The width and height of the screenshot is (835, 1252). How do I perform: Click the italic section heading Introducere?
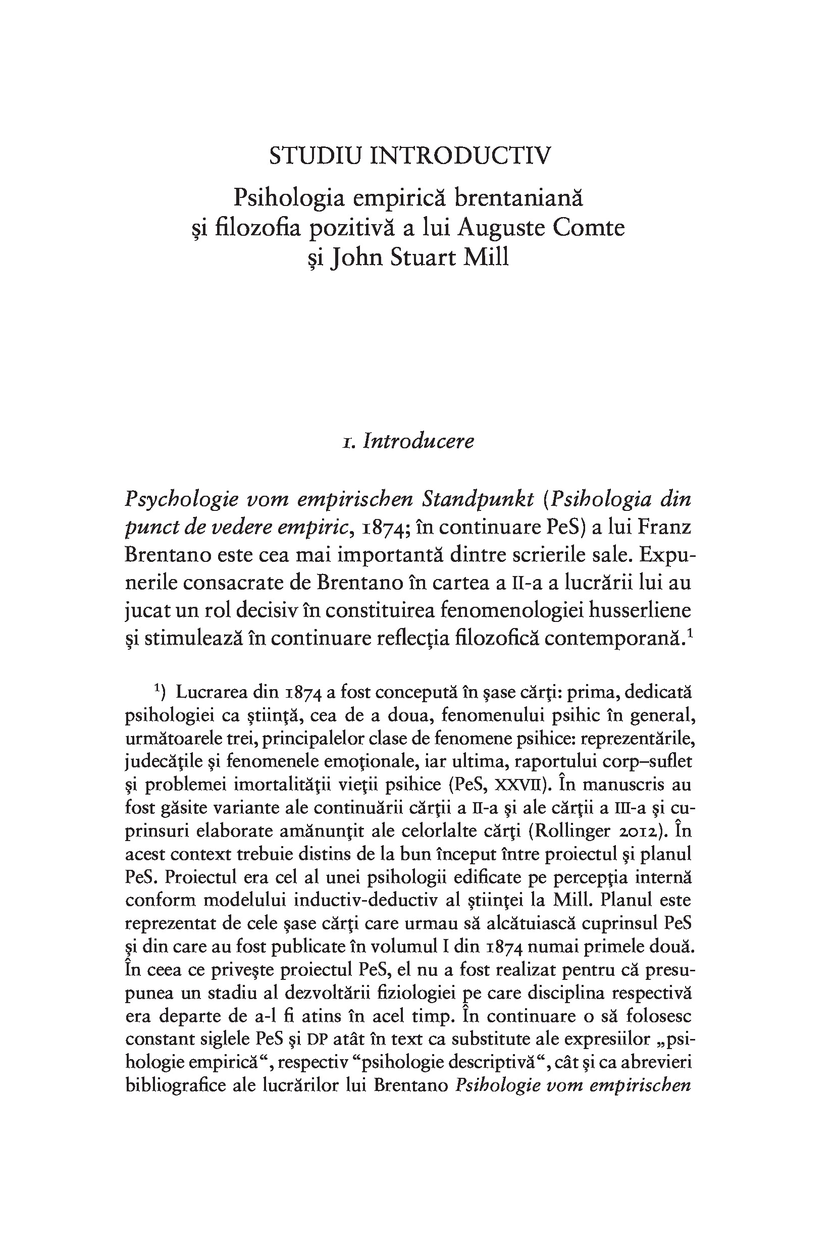(x=418, y=441)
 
